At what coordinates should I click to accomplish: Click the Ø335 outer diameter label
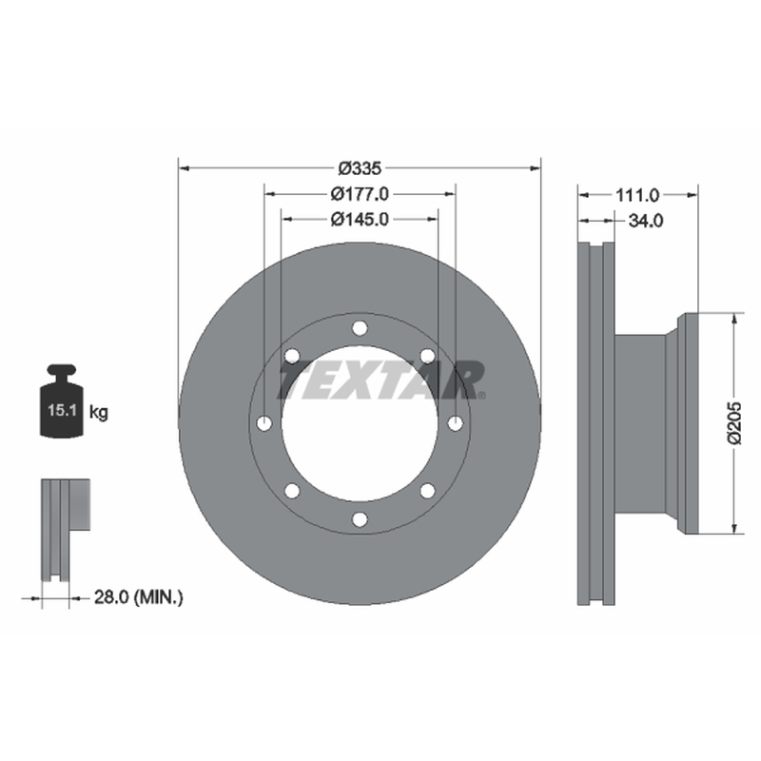(360, 168)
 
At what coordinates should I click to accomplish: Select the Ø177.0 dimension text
(360, 194)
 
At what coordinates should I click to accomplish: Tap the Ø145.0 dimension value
(360, 220)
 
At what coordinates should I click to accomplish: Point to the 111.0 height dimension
(637, 196)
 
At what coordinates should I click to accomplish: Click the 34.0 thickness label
(646, 221)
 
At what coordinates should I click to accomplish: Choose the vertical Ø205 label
(734, 422)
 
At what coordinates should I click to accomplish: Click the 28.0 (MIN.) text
(138, 597)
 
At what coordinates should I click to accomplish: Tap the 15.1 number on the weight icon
(62, 410)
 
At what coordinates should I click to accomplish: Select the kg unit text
(99, 413)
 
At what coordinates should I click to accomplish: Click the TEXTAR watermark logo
(381, 380)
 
